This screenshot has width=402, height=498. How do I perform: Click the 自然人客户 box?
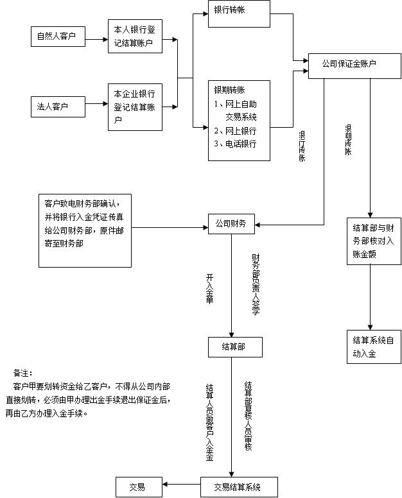[x=58, y=37]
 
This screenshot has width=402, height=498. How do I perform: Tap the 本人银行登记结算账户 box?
[x=134, y=36]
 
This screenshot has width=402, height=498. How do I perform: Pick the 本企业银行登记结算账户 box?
[x=135, y=107]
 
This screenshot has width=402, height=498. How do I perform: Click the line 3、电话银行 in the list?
[x=235, y=144]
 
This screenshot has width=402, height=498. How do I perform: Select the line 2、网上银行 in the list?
[x=235, y=131]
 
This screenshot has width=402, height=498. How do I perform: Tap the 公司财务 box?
[x=232, y=224]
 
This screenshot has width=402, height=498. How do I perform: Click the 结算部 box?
[x=232, y=347]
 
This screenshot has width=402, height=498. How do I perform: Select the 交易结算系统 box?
[x=240, y=487]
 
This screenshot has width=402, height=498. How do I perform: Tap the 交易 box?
[x=138, y=487]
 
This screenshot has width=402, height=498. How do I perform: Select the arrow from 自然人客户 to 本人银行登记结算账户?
[x=96, y=37]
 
